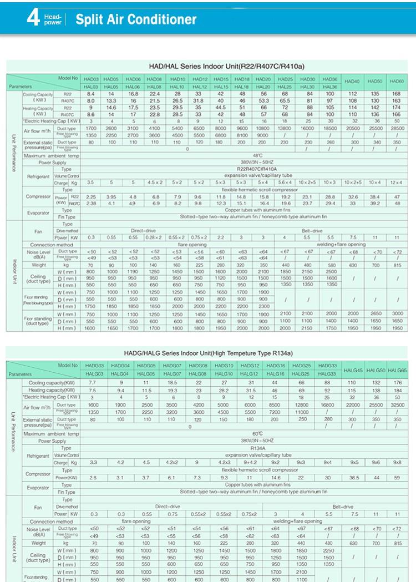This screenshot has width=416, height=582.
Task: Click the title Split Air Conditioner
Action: [136, 21]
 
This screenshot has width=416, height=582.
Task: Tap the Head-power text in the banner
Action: [53, 20]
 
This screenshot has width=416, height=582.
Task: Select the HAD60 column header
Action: [396, 82]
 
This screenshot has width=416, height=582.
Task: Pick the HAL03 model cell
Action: [91, 87]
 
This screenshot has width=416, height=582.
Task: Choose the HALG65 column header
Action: [397, 370]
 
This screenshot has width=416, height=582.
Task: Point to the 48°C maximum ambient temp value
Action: [256, 156]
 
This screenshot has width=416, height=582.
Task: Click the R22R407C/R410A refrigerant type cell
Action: [256, 169]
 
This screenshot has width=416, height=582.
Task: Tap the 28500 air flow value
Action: [396, 128]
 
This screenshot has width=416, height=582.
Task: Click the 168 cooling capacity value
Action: [396, 94]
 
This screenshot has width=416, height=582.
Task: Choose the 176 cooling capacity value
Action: [397, 383]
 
